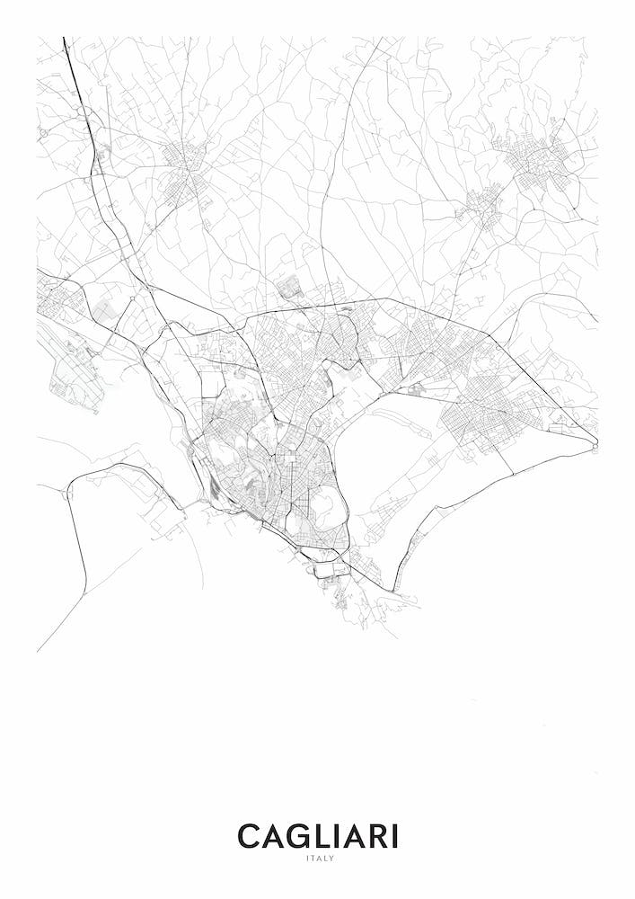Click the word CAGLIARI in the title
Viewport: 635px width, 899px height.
[x=317, y=837]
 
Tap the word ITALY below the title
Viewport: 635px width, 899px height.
[x=318, y=859]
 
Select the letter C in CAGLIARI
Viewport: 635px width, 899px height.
[x=249, y=837]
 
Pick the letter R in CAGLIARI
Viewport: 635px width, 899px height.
[x=377, y=837]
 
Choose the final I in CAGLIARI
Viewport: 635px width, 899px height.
[x=394, y=837]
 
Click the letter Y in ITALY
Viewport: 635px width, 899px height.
[x=331, y=859]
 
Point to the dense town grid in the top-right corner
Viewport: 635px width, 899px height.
[x=539, y=162]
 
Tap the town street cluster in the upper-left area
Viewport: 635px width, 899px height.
[x=189, y=166]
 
